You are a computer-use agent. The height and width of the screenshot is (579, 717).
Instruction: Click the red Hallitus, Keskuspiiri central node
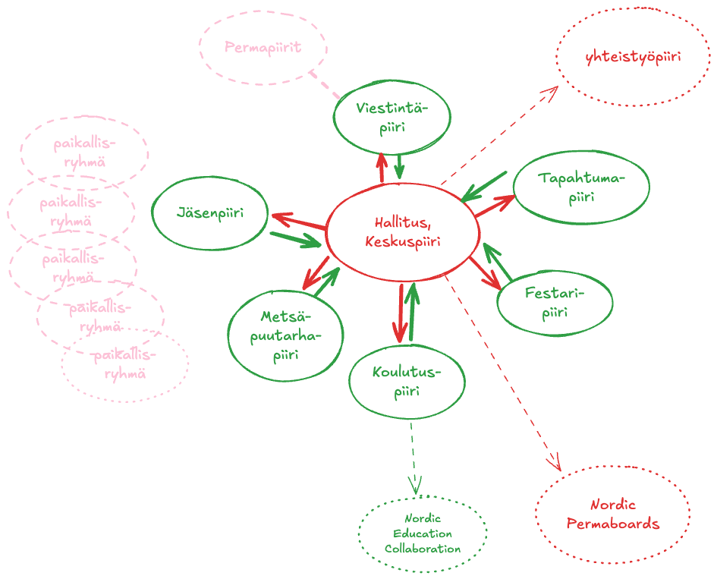[402, 232]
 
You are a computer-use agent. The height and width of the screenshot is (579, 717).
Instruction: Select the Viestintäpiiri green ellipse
[392, 118]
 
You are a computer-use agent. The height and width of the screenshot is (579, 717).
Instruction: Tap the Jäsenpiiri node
[209, 213]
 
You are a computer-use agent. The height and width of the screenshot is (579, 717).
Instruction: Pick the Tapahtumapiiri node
[581, 187]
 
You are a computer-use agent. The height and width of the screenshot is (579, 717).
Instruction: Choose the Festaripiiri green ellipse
[555, 302]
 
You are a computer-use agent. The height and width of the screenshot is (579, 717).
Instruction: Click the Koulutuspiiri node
[407, 382]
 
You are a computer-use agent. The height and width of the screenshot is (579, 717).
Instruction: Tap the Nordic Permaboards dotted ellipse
[612, 514]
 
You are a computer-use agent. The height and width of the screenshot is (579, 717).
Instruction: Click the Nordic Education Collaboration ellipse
[422, 534]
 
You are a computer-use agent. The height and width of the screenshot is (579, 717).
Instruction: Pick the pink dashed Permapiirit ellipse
[263, 47]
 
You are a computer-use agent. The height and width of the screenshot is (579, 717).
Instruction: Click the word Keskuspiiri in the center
[402, 242]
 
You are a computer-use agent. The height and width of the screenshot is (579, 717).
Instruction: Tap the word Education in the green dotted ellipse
[422, 534]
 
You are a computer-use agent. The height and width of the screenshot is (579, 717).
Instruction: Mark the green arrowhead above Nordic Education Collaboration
[414, 486]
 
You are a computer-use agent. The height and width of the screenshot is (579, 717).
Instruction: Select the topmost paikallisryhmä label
[84, 152]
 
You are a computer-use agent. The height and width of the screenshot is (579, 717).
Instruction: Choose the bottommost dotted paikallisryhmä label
[125, 364]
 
